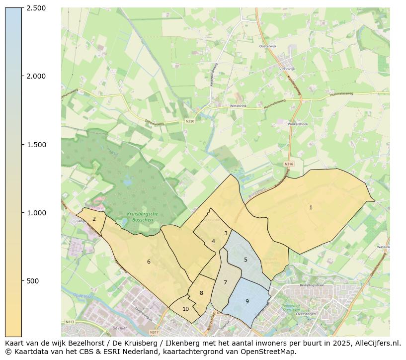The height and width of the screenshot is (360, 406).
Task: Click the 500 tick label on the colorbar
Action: (x=33, y=281)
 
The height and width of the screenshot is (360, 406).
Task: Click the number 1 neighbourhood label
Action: (x=311, y=207)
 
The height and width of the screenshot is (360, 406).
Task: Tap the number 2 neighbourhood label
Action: (x=94, y=219)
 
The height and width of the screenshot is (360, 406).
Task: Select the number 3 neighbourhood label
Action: (x=226, y=233)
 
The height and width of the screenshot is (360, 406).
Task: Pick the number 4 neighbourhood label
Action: (x=213, y=242)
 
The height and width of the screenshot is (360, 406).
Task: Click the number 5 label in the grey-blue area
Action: (x=245, y=260)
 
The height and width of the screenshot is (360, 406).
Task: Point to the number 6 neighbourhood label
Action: (x=149, y=262)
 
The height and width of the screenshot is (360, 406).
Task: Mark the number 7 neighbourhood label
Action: (x=225, y=282)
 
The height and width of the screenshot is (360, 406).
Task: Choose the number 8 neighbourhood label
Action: (x=201, y=293)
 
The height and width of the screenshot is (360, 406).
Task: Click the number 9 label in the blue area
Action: (x=247, y=301)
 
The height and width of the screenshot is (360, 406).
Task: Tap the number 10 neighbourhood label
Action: (x=185, y=309)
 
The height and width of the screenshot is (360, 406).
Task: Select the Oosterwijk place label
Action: (x=267, y=46)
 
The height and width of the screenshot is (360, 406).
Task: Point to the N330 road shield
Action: (x=190, y=121)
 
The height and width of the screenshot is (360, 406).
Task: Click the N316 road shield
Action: (x=289, y=164)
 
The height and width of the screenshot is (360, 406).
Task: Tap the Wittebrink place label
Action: (x=238, y=106)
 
